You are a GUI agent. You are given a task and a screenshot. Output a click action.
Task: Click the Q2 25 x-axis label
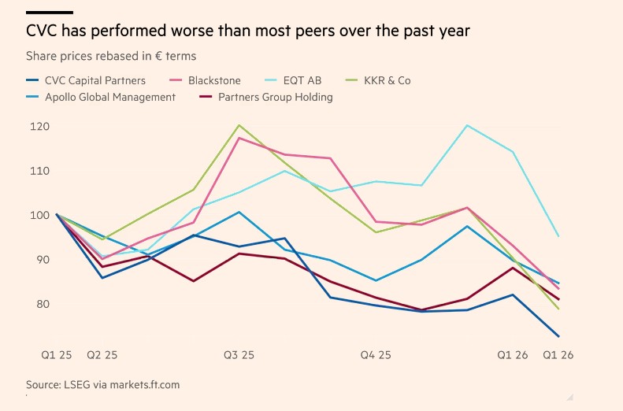tap(102, 355)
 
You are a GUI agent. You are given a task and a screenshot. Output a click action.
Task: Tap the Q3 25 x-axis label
tap(239, 355)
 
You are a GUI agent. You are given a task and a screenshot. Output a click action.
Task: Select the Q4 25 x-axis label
tap(375, 355)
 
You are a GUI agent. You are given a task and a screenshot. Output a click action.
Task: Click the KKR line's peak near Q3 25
tap(239, 125)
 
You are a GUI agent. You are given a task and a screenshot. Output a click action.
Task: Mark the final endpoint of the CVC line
tap(559, 336)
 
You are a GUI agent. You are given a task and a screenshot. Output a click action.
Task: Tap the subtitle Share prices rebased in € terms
tap(111, 57)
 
